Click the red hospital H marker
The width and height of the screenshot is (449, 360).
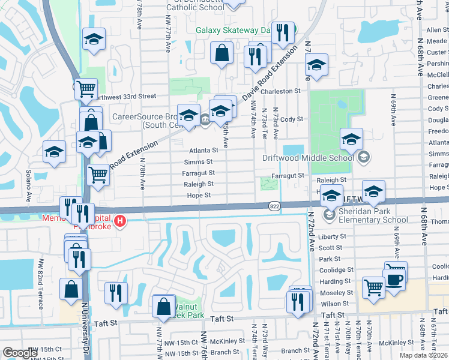[121, 221]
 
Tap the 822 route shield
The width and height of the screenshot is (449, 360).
[273, 205]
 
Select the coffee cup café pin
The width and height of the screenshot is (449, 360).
[394, 280]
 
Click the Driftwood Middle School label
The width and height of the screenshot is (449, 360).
[308, 158]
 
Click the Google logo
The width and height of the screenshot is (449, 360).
[20, 353]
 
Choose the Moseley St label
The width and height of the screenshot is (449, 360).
[336, 292]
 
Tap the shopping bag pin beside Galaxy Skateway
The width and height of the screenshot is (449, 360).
[221, 53]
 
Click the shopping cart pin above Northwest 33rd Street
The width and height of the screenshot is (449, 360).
[86, 89]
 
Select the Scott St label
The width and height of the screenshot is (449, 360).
[330, 248]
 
